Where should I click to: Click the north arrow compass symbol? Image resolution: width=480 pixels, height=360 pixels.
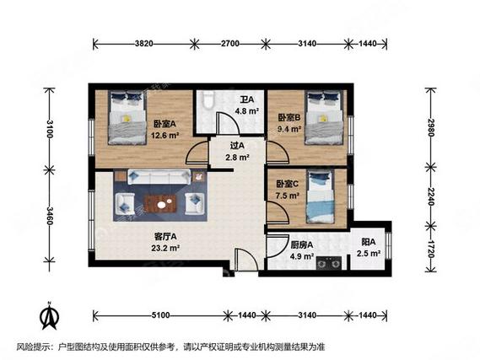point(49,316)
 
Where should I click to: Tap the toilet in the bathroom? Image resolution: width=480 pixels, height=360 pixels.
point(209,99)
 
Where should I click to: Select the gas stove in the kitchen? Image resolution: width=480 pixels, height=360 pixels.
point(329,263)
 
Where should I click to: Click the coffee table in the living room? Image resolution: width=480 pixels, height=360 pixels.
point(160,204)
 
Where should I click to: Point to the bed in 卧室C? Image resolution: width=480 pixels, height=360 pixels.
point(321,197)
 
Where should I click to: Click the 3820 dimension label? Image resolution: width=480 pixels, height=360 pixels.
point(144,44)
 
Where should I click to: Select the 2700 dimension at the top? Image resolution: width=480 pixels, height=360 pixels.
point(230,44)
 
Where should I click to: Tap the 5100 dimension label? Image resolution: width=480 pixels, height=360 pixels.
point(160,315)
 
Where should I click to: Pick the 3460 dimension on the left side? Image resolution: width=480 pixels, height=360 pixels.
point(50,216)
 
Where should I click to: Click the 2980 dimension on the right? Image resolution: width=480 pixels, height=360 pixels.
point(431,127)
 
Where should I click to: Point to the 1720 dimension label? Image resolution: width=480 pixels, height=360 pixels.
point(431,249)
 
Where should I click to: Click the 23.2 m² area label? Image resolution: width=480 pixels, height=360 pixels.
point(165,248)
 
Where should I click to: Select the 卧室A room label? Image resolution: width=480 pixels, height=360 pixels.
point(165,124)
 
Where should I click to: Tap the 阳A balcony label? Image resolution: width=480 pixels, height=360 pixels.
point(369,242)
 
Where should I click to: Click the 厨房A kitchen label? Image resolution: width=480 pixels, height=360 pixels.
point(301,245)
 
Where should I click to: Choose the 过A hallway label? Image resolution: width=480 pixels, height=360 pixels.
point(237,146)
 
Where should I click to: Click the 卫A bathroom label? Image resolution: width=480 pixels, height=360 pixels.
point(246,99)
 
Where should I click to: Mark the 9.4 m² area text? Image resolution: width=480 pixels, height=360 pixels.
point(289,129)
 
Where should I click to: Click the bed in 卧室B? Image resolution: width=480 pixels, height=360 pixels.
point(325,117)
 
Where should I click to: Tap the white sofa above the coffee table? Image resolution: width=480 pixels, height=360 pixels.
point(159,176)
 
